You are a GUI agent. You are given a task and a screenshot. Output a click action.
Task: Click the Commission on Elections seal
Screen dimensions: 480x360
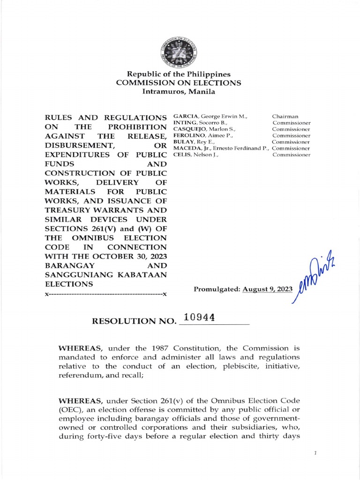(x=179, y=51)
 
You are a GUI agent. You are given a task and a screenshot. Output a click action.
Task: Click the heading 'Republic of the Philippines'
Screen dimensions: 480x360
(x=179, y=75)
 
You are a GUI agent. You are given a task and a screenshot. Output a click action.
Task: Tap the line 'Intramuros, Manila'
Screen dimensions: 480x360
(x=179, y=91)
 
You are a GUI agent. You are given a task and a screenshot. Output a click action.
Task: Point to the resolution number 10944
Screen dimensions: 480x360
(x=200, y=317)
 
